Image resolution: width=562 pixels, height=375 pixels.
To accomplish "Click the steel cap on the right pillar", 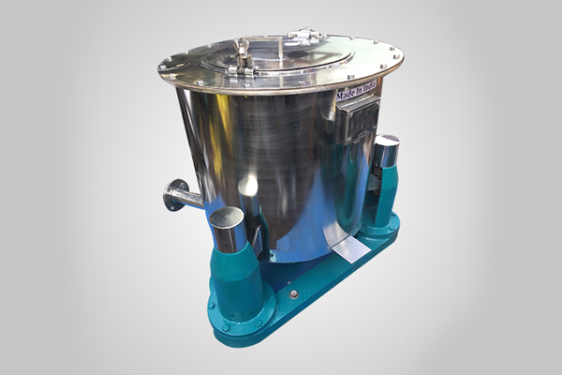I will click(x=385, y=151).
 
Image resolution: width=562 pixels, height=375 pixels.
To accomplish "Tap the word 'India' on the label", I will click(x=367, y=89).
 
